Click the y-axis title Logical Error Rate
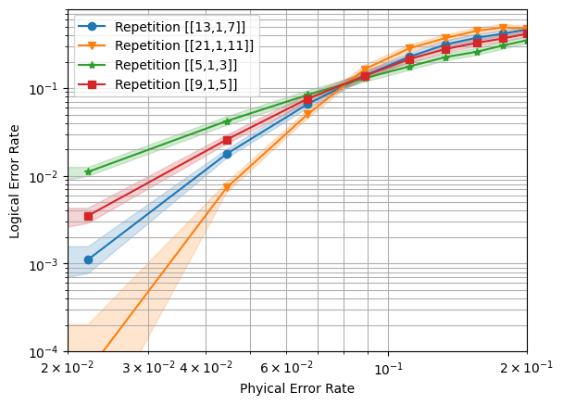pos(15,182)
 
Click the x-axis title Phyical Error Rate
pos(296,388)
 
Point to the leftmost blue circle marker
pos(88,259)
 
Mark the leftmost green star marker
pos(88,171)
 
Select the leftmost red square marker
pos(88,216)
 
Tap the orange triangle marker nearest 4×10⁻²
pos(228,187)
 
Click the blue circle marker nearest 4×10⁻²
pos(228,154)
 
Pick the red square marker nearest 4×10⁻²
pos(228,140)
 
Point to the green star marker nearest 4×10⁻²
pos(228,121)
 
